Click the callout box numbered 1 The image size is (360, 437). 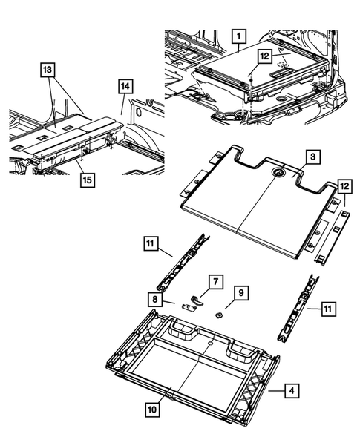click(x=238, y=34)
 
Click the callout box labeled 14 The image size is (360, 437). click(x=122, y=87)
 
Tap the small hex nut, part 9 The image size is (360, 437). click(x=221, y=314)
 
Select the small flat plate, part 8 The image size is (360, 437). click(x=185, y=306)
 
